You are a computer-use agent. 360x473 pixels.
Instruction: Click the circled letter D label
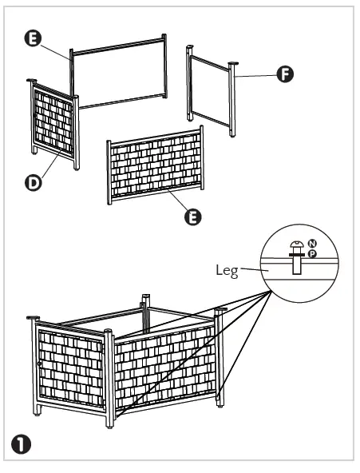34,182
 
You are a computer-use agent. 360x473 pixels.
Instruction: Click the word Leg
227,270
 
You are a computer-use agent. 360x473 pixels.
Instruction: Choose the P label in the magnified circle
312,253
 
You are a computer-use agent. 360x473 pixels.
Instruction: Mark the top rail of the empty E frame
118,45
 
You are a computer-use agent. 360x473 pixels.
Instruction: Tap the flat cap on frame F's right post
233,63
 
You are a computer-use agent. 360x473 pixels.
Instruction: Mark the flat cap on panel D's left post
32,80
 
